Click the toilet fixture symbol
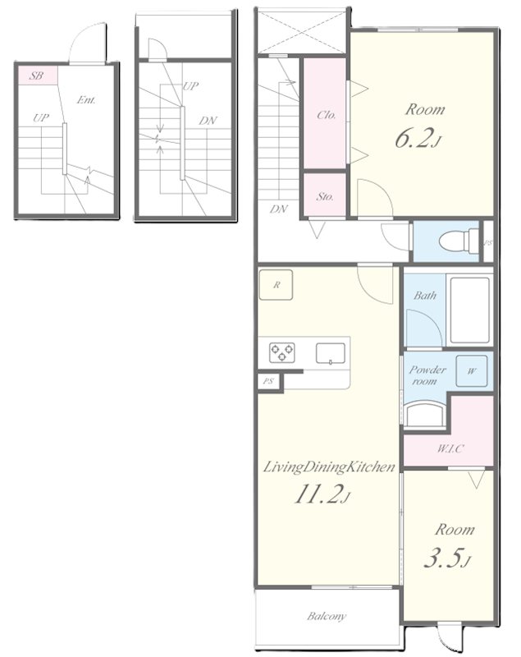(x=459, y=241)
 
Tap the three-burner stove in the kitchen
(x=282, y=352)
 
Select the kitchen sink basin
(x=331, y=353)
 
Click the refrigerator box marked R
(x=276, y=285)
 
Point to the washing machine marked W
(x=471, y=371)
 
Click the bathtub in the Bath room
(x=469, y=310)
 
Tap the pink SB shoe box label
(x=37, y=76)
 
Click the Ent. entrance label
(x=86, y=100)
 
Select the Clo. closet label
(x=326, y=115)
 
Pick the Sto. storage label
(x=325, y=196)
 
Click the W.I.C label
(x=450, y=449)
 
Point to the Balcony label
(x=327, y=616)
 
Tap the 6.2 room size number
(x=413, y=138)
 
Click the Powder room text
(x=427, y=375)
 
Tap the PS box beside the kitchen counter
(x=268, y=381)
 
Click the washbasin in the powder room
(x=423, y=414)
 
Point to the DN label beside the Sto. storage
(x=278, y=209)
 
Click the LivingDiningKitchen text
(x=329, y=467)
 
